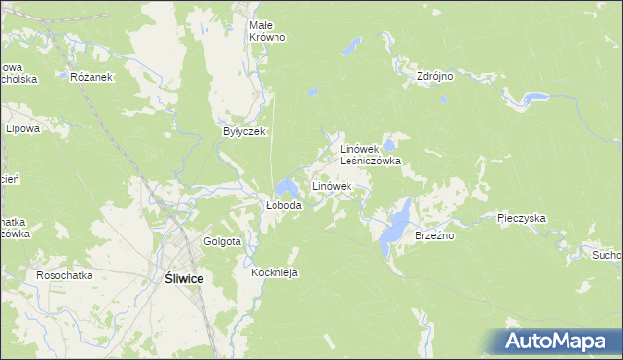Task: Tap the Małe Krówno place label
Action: pos(268,31)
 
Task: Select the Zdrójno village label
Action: pos(435,75)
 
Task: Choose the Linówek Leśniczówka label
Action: pos(370,155)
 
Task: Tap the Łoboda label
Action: pos(284,206)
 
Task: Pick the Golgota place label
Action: pos(222,241)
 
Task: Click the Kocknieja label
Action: pos(274,273)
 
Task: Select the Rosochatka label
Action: pos(64,275)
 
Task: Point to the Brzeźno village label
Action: pos(435,235)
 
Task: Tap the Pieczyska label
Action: pos(521,219)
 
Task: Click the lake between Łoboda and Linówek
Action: pos(286,186)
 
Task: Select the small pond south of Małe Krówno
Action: pos(311,92)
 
